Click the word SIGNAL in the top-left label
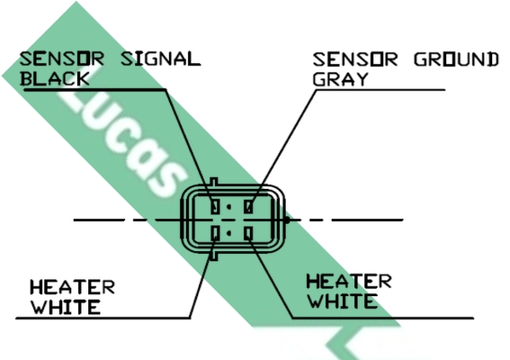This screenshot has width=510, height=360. click(x=160, y=58)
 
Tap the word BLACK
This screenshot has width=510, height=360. click(x=55, y=79)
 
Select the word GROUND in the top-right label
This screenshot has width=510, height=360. click(x=456, y=59)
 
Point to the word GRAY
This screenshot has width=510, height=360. click(x=340, y=79)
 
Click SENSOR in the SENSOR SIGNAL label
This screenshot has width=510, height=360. click(x=62, y=58)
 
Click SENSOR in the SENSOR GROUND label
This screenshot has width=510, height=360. click(x=355, y=59)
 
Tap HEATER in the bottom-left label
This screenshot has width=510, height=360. click(x=72, y=287)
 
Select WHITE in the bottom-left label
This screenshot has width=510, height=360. click(x=65, y=307)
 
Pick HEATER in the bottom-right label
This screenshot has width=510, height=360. click(x=349, y=281)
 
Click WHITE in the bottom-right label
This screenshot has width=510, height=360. click(x=342, y=301)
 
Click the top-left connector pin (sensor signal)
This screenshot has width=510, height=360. click(x=215, y=207)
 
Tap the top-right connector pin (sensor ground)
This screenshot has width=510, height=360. click(x=248, y=207)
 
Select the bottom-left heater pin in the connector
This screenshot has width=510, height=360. click(x=215, y=233)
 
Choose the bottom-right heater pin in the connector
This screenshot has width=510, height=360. click(x=249, y=233)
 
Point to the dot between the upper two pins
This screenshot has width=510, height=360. click(x=228, y=207)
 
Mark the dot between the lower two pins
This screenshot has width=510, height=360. click(x=228, y=233)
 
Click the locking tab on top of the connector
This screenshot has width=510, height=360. click(x=214, y=182)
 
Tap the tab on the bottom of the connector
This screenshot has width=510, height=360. click(x=214, y=256)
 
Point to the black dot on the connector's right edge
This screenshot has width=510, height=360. click(x=286, y=220)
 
